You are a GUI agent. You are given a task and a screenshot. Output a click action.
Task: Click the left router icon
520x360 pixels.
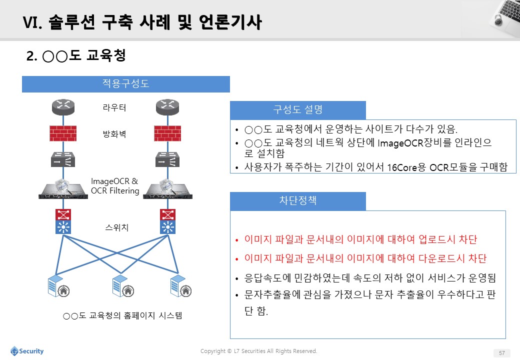[x=63, y=107]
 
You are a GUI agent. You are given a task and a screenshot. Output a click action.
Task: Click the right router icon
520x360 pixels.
[x=167, y=107]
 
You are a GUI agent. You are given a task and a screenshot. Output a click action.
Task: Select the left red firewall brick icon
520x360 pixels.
[x=63, y=133]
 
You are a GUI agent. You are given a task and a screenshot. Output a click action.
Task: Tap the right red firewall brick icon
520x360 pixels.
[x=167, y=133]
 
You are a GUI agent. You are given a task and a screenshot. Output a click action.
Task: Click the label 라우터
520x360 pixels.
[x=114, y=107]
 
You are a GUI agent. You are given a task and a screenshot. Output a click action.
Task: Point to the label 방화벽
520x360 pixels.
[x=114, y=134]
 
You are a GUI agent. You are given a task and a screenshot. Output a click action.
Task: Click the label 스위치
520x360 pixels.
[x=116, y=227]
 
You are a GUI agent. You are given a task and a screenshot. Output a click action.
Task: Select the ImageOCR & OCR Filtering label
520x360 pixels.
[x=114, y=186]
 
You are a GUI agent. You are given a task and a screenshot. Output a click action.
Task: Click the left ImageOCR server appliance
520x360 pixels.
[x=63, y=189]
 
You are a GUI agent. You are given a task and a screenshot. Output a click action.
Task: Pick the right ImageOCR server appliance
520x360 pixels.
[x=168, y=189]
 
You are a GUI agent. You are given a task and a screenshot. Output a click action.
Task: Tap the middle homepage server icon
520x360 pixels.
[x=123, y=285]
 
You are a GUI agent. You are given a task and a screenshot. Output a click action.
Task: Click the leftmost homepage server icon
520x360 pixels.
[x=58, y=285]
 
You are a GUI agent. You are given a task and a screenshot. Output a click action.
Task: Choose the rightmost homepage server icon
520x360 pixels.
[x=181, y=285]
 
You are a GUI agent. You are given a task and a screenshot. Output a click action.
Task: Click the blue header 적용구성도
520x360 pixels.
[x=126, y=84]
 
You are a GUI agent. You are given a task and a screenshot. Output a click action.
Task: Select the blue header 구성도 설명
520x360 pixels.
[x=298, y=110]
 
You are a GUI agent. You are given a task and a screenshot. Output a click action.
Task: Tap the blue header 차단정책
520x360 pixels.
[x=298, y=201]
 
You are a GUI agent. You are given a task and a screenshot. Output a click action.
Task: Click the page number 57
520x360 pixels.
[x=502, y=353]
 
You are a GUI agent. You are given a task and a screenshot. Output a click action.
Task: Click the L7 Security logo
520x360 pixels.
[x=27, y=351]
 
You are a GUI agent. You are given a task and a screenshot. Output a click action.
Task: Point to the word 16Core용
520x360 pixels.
[x=406, y=167]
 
